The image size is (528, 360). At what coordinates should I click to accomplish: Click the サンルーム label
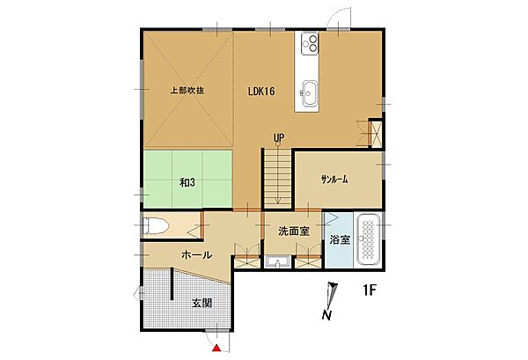coord(334,179)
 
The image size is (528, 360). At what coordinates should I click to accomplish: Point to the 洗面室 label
coord(293,231)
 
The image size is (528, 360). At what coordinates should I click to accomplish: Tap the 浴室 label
coord(338,239)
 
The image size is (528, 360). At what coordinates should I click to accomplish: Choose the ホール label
coord(195,254)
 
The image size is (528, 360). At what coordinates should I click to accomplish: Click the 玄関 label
coord(202,303)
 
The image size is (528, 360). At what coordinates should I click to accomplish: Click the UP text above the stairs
coord(278,137)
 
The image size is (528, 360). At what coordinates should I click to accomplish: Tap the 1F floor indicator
coord(370,290)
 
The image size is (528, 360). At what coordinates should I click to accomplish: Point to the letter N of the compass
coord(326,314)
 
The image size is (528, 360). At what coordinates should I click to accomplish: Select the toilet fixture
coord(154,226)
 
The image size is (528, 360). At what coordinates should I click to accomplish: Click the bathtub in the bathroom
coord(369,239)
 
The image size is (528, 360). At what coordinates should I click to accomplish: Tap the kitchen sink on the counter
coord(311,89)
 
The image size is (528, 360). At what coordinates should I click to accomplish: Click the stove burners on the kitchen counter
coord(311,43)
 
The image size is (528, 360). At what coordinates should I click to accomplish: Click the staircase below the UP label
coord(277,175)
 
